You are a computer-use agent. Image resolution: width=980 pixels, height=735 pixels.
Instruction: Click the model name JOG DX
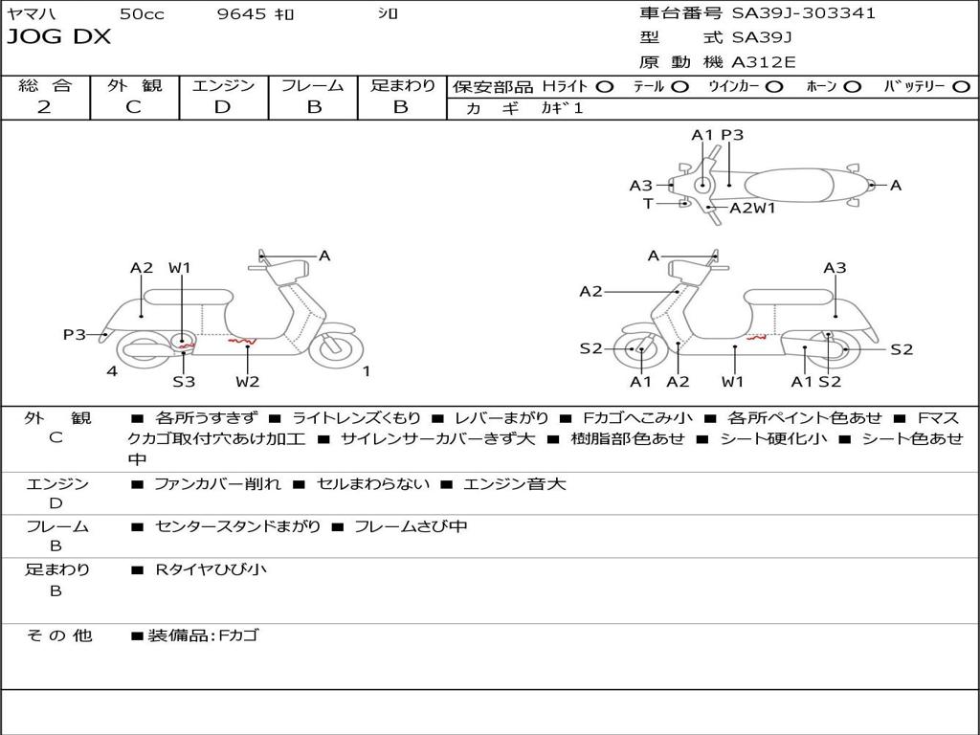(x=59, y=37)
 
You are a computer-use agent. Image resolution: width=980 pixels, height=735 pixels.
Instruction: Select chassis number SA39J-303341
(x=804, y=13)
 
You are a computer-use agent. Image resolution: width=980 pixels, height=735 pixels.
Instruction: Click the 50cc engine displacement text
(x=142, y=13)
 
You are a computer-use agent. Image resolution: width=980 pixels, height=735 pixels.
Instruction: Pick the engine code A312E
(x=763, y=63)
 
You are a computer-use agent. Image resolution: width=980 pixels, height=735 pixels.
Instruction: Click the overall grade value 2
(x=44, y=107)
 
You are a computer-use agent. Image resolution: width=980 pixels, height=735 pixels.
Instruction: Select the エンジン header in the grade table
(x=223, y=85)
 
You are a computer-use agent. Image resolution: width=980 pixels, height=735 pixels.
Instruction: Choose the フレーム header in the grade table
(x=314, y=85)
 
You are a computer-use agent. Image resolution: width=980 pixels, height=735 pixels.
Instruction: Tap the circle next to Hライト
(x=604, y=86)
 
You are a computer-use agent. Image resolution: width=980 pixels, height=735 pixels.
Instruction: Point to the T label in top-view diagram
(x=648, y=203)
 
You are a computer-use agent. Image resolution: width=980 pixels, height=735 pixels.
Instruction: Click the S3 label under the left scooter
(x=184, y=382)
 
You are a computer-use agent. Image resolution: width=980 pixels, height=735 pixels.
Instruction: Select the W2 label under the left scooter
(x=248, y=382)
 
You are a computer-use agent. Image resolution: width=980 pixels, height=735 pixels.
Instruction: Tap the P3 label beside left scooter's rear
(x=75, y=334)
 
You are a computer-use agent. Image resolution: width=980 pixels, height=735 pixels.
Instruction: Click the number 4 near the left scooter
(x=112, y=371)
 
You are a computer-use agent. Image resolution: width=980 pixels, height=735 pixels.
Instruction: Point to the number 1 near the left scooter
(x=366, y=371)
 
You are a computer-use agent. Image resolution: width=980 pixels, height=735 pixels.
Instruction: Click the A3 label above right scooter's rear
(x=835, y=268)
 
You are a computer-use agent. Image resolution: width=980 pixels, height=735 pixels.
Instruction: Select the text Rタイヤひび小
(x=211, y=569)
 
